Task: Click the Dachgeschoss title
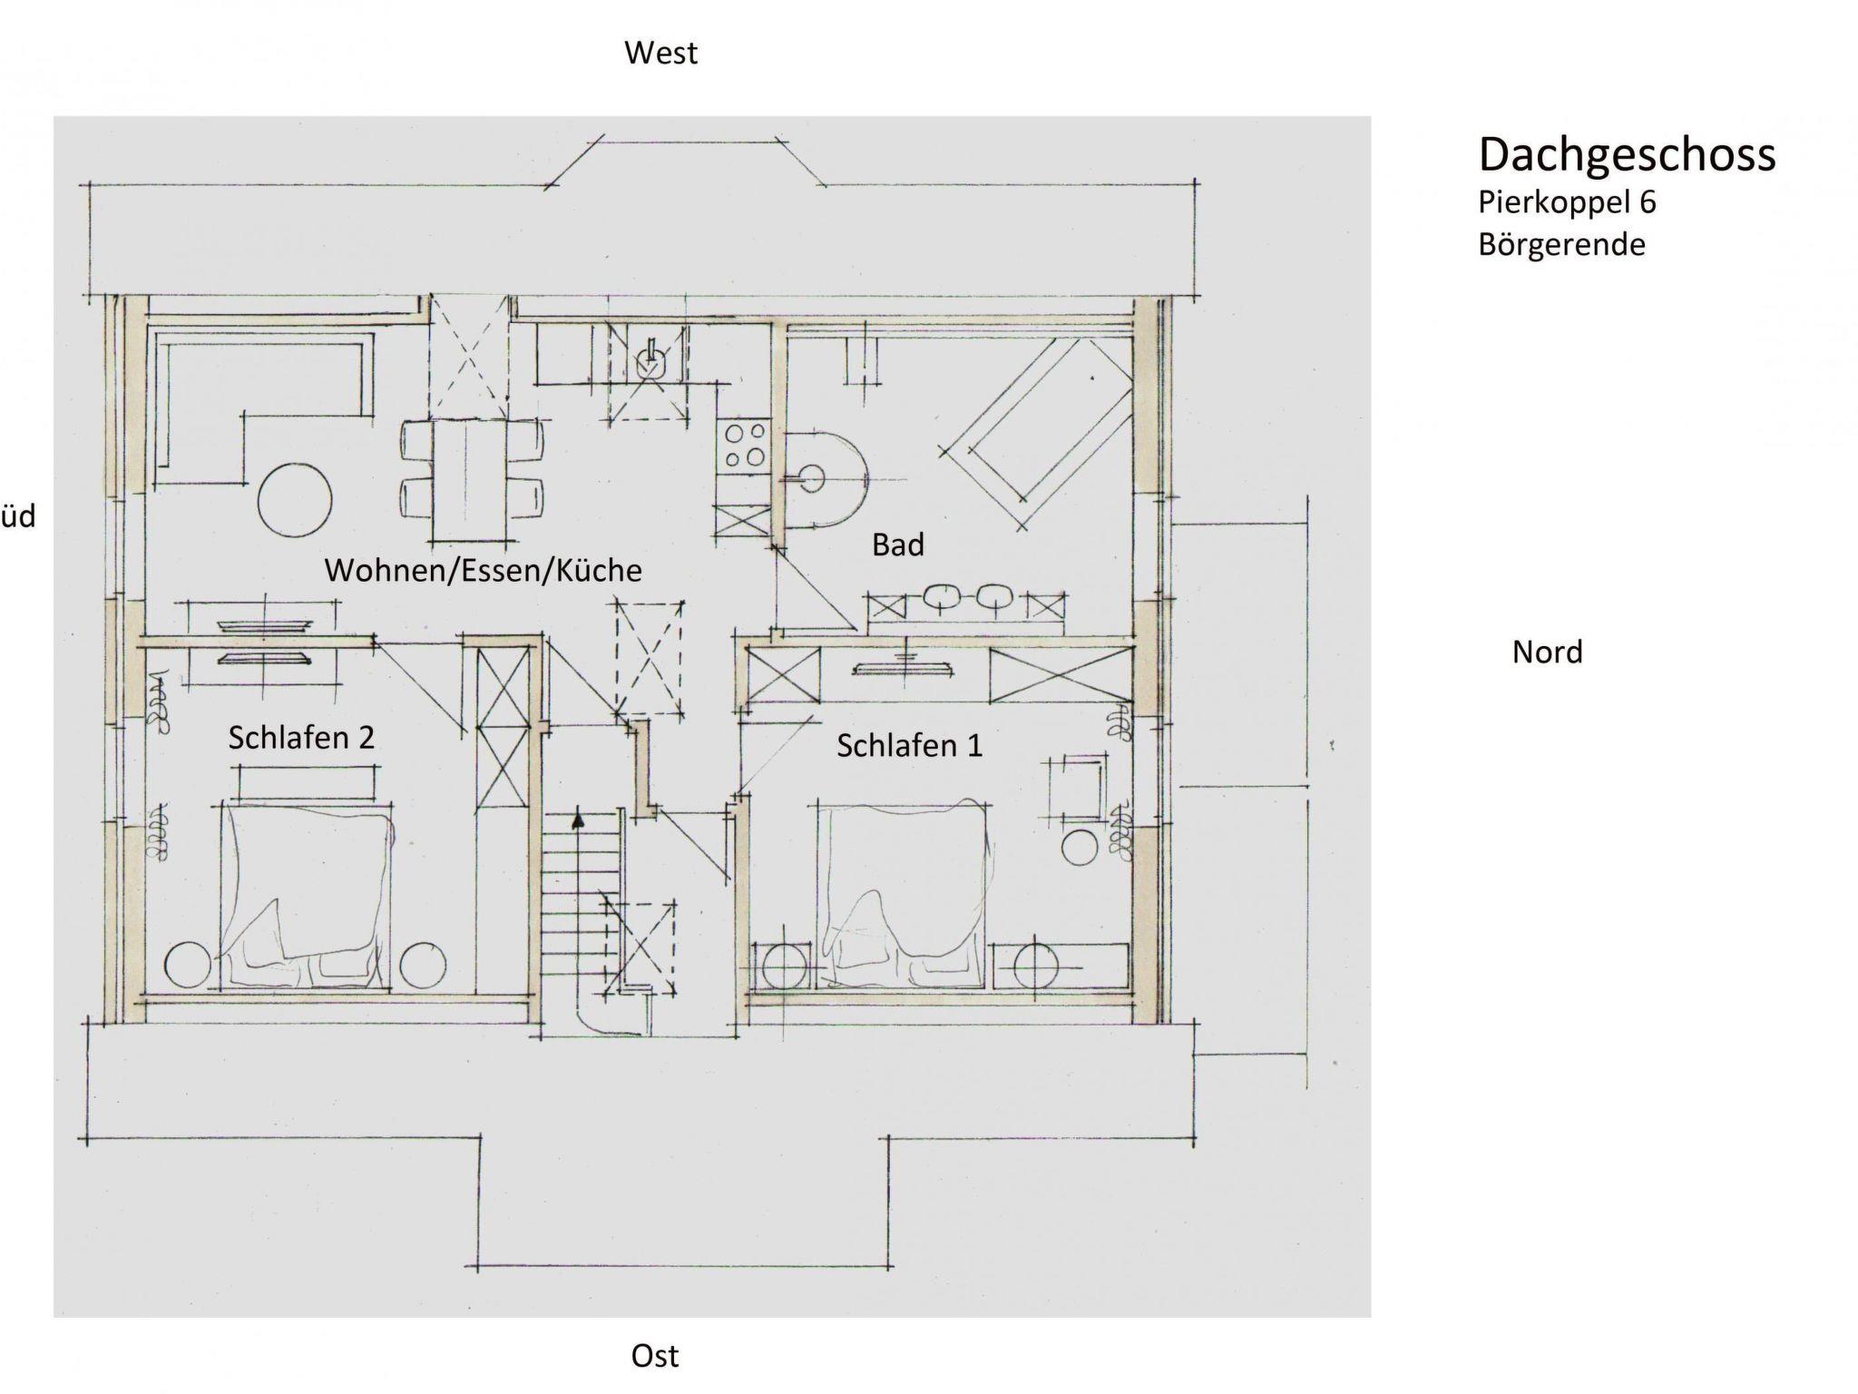tap(1627, 155)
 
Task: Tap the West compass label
tap(660, 54)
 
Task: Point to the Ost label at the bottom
tap(655, 1356)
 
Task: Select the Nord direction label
tap(1547, 652)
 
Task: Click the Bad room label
tap(898, 545)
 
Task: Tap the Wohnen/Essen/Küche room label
tap(483, 570)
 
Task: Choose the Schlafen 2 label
tap(301, 737)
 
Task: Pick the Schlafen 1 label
tap(909, 745)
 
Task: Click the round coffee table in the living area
tap(295, 500)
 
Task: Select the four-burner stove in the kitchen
tap(744, 445)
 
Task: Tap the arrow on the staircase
tap(577, 821)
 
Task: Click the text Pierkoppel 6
tap(1567, 201)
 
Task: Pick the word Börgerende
tap(1561, 244)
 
